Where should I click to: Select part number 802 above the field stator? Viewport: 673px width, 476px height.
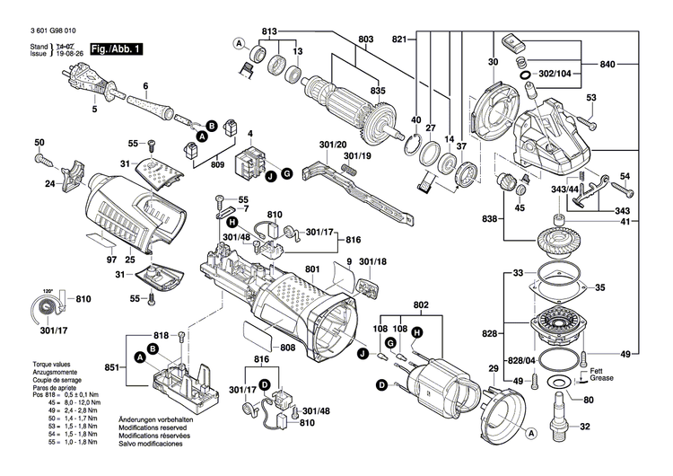[421, 304]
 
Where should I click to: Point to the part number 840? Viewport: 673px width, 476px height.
[607, 66]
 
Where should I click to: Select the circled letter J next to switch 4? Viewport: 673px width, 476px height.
[268, 176]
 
